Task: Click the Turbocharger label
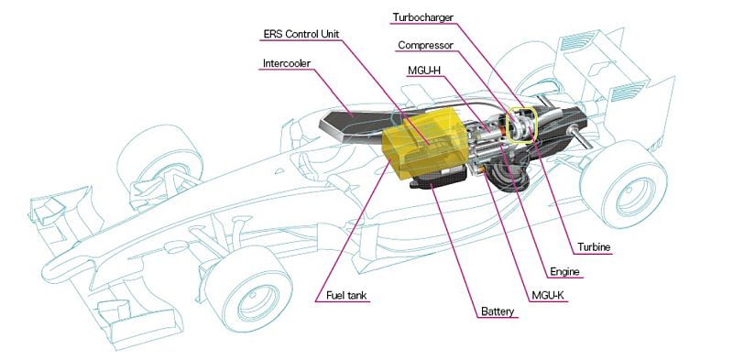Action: pyautogui.click(x=423, y=17)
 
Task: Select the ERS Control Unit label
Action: pyautogui.click(x=301, y=34)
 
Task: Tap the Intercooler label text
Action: pyautogui.click(x=287, y=63)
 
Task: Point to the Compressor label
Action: pyautogui.click(x=425, y=46)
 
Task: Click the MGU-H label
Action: pyautogui.click(x=424, y=71)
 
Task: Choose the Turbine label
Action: pyautogui.click(x=594, y=247)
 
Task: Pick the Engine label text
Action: pyautogui.click(x=564, y=272)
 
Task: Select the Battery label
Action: pyautogui.click(x=498, y=311)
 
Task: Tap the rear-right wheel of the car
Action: pyautogui.click(x=623, y=184)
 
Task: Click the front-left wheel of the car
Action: pyautogui.click(x=159, y=160)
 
